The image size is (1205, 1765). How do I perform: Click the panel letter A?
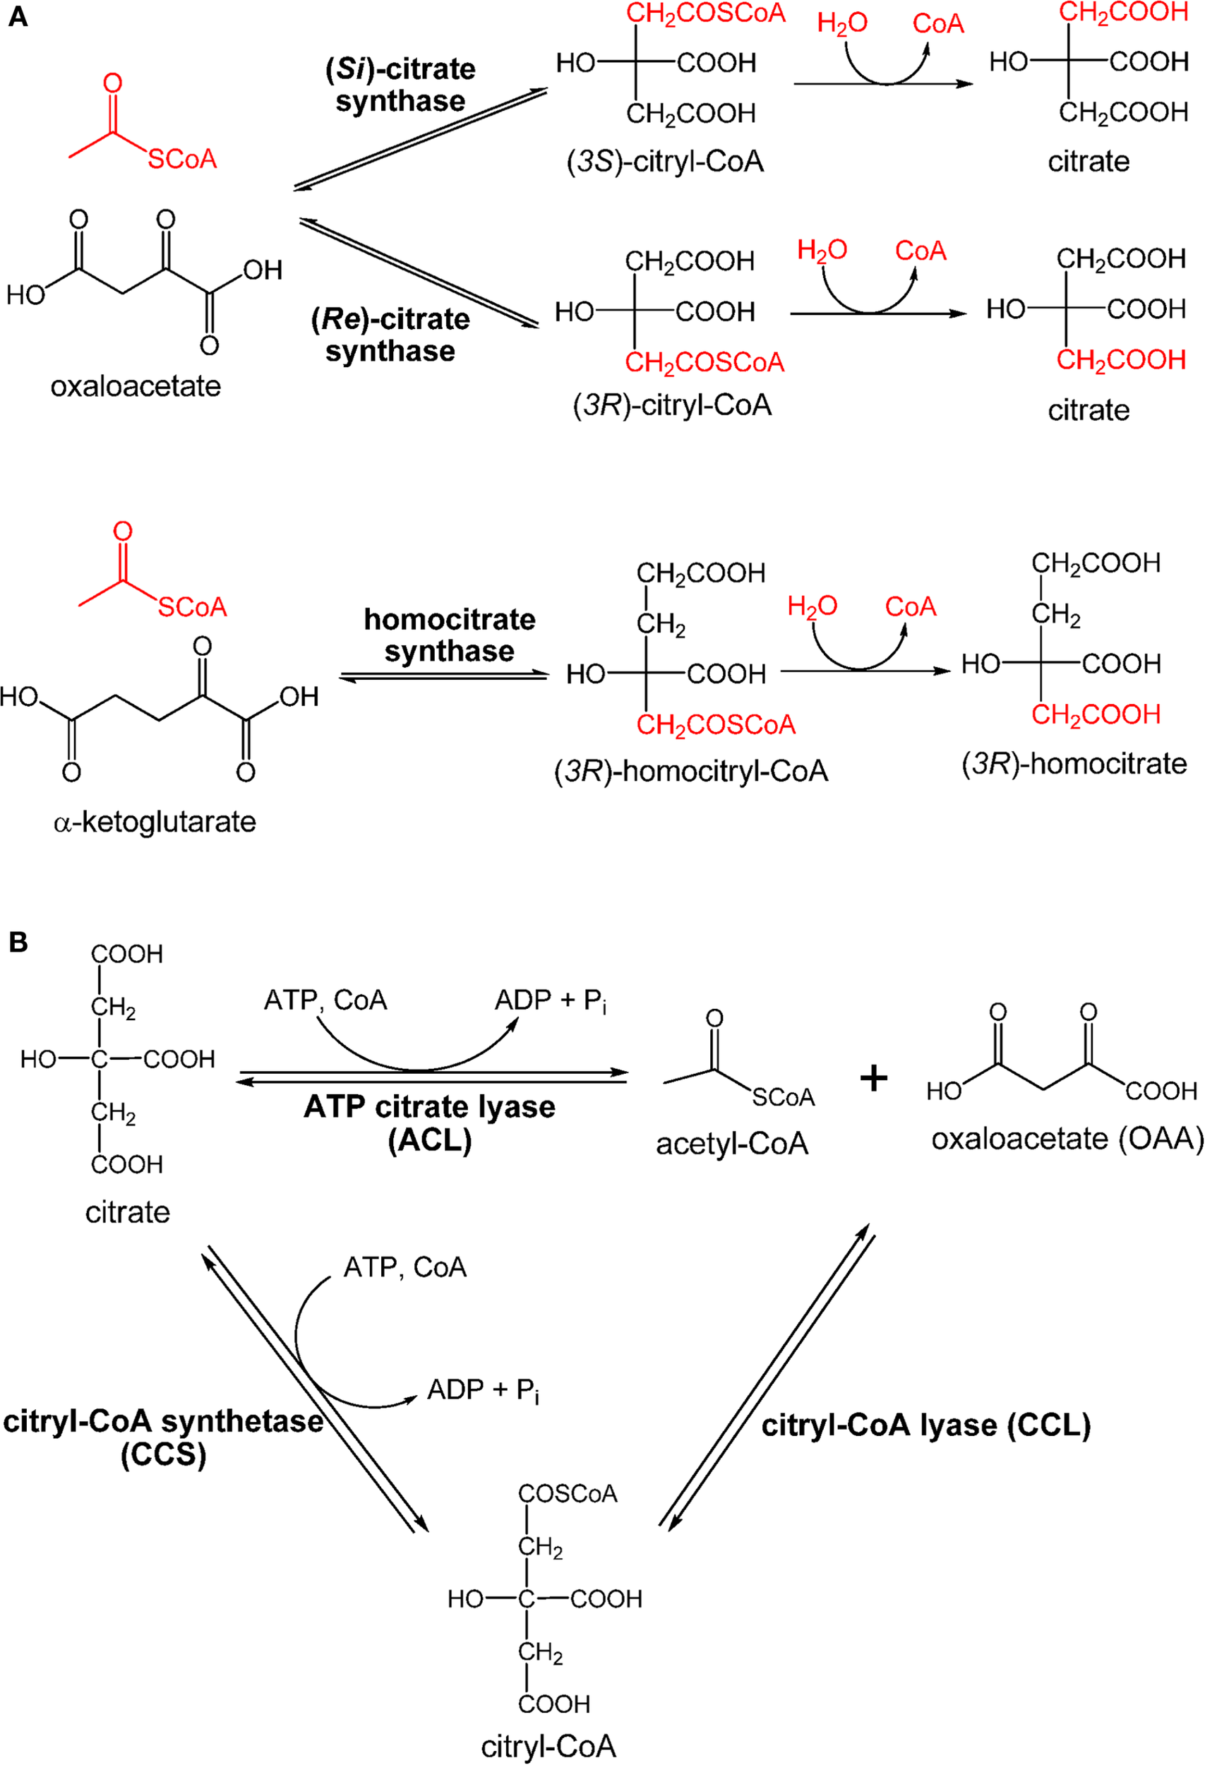coord(18,17)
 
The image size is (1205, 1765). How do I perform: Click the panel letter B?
coord(18,942)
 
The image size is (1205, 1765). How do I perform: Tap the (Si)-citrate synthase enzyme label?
coord(400,84)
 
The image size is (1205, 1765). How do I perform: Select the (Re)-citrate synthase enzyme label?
coord(390,334)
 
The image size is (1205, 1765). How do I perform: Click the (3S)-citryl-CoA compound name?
coord(665,162)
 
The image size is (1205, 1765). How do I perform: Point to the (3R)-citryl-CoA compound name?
coord(672,405)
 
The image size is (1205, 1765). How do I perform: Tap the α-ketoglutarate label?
coord(155,822)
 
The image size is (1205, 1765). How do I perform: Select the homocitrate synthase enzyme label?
coord(450,635)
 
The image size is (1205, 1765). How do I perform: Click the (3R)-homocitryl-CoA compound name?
coord(691,772)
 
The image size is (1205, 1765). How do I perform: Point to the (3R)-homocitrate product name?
coord(1074,763)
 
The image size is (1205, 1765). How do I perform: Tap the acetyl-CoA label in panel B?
coord(732,1144)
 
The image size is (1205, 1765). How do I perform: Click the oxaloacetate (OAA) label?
coord(1067,1139)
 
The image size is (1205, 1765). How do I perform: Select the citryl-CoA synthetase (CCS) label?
coord(164,1437)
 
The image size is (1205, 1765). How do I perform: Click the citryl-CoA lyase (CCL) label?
coord(926,1425)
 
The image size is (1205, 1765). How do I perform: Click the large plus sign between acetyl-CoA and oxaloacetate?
coord(873,1079)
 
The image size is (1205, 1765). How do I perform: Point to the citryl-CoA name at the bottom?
coord(548,1747)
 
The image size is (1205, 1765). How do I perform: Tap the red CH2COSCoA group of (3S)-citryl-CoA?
coord(705,13)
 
